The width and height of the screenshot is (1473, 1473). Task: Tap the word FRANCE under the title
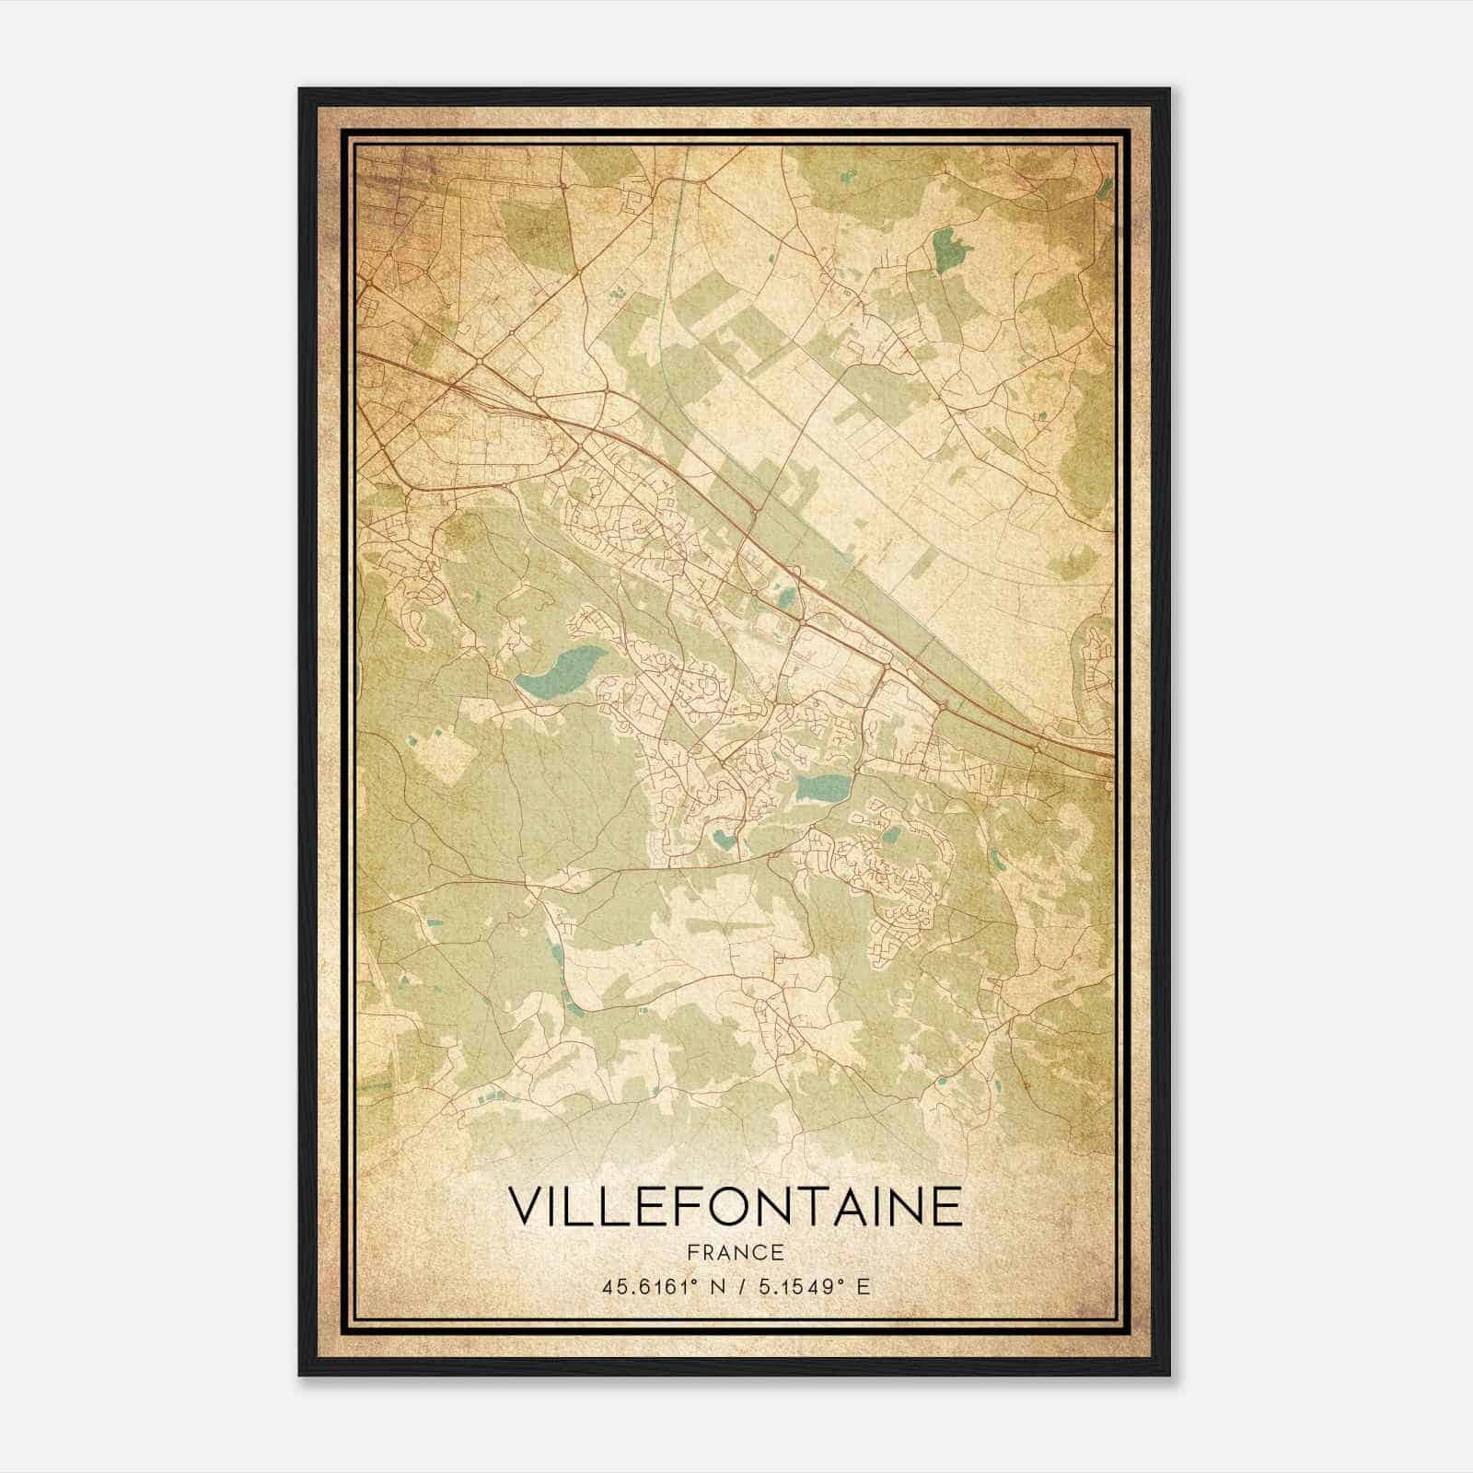tap(735, 1252)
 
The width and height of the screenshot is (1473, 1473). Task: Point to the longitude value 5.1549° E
tap(816, 1286)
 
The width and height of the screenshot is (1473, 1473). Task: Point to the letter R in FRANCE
tap(706, 1252)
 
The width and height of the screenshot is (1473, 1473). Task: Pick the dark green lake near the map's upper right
tap(945, 249)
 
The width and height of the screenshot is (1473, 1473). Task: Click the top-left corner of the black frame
tap(300, 89)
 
